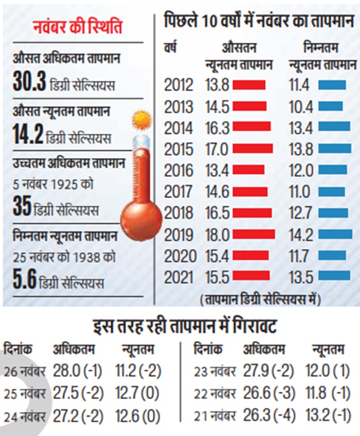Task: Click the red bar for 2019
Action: [x=254, y=234]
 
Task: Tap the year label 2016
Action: [x=178, y=170]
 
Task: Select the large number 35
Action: [x=22, y=207]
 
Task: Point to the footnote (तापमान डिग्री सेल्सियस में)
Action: [x=259, y=299]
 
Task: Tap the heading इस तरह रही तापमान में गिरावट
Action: [x=180, y=327]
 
